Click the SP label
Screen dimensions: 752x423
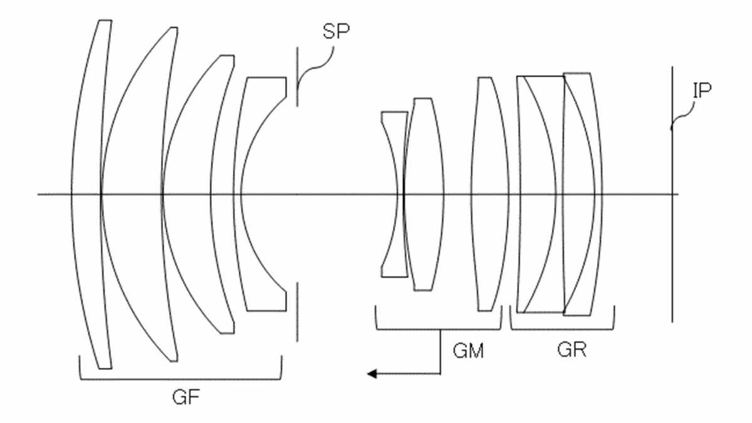(336, 31)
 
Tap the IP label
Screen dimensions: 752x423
(702, 90)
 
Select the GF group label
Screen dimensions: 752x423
(186, 397)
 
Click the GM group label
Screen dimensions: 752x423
(468, 351)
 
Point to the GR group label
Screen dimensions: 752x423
(572, 350)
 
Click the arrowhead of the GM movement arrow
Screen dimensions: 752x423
(372, 373)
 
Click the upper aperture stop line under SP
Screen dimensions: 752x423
(297, 77)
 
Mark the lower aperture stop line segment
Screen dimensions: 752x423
(297, 312)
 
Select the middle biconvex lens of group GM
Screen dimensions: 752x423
(424, 194)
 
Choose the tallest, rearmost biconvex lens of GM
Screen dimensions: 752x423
(489, 194)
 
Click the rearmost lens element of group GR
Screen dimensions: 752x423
(582, 194)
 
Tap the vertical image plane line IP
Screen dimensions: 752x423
(672, 194)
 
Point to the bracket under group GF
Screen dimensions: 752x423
(180, 380)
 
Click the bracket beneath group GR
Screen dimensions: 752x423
(562, 330)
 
